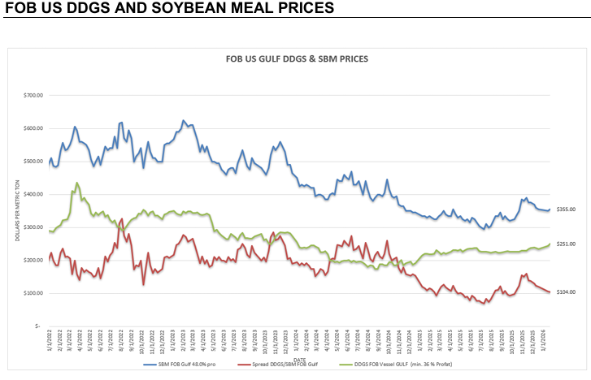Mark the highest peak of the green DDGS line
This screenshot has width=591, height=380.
[76, 183]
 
